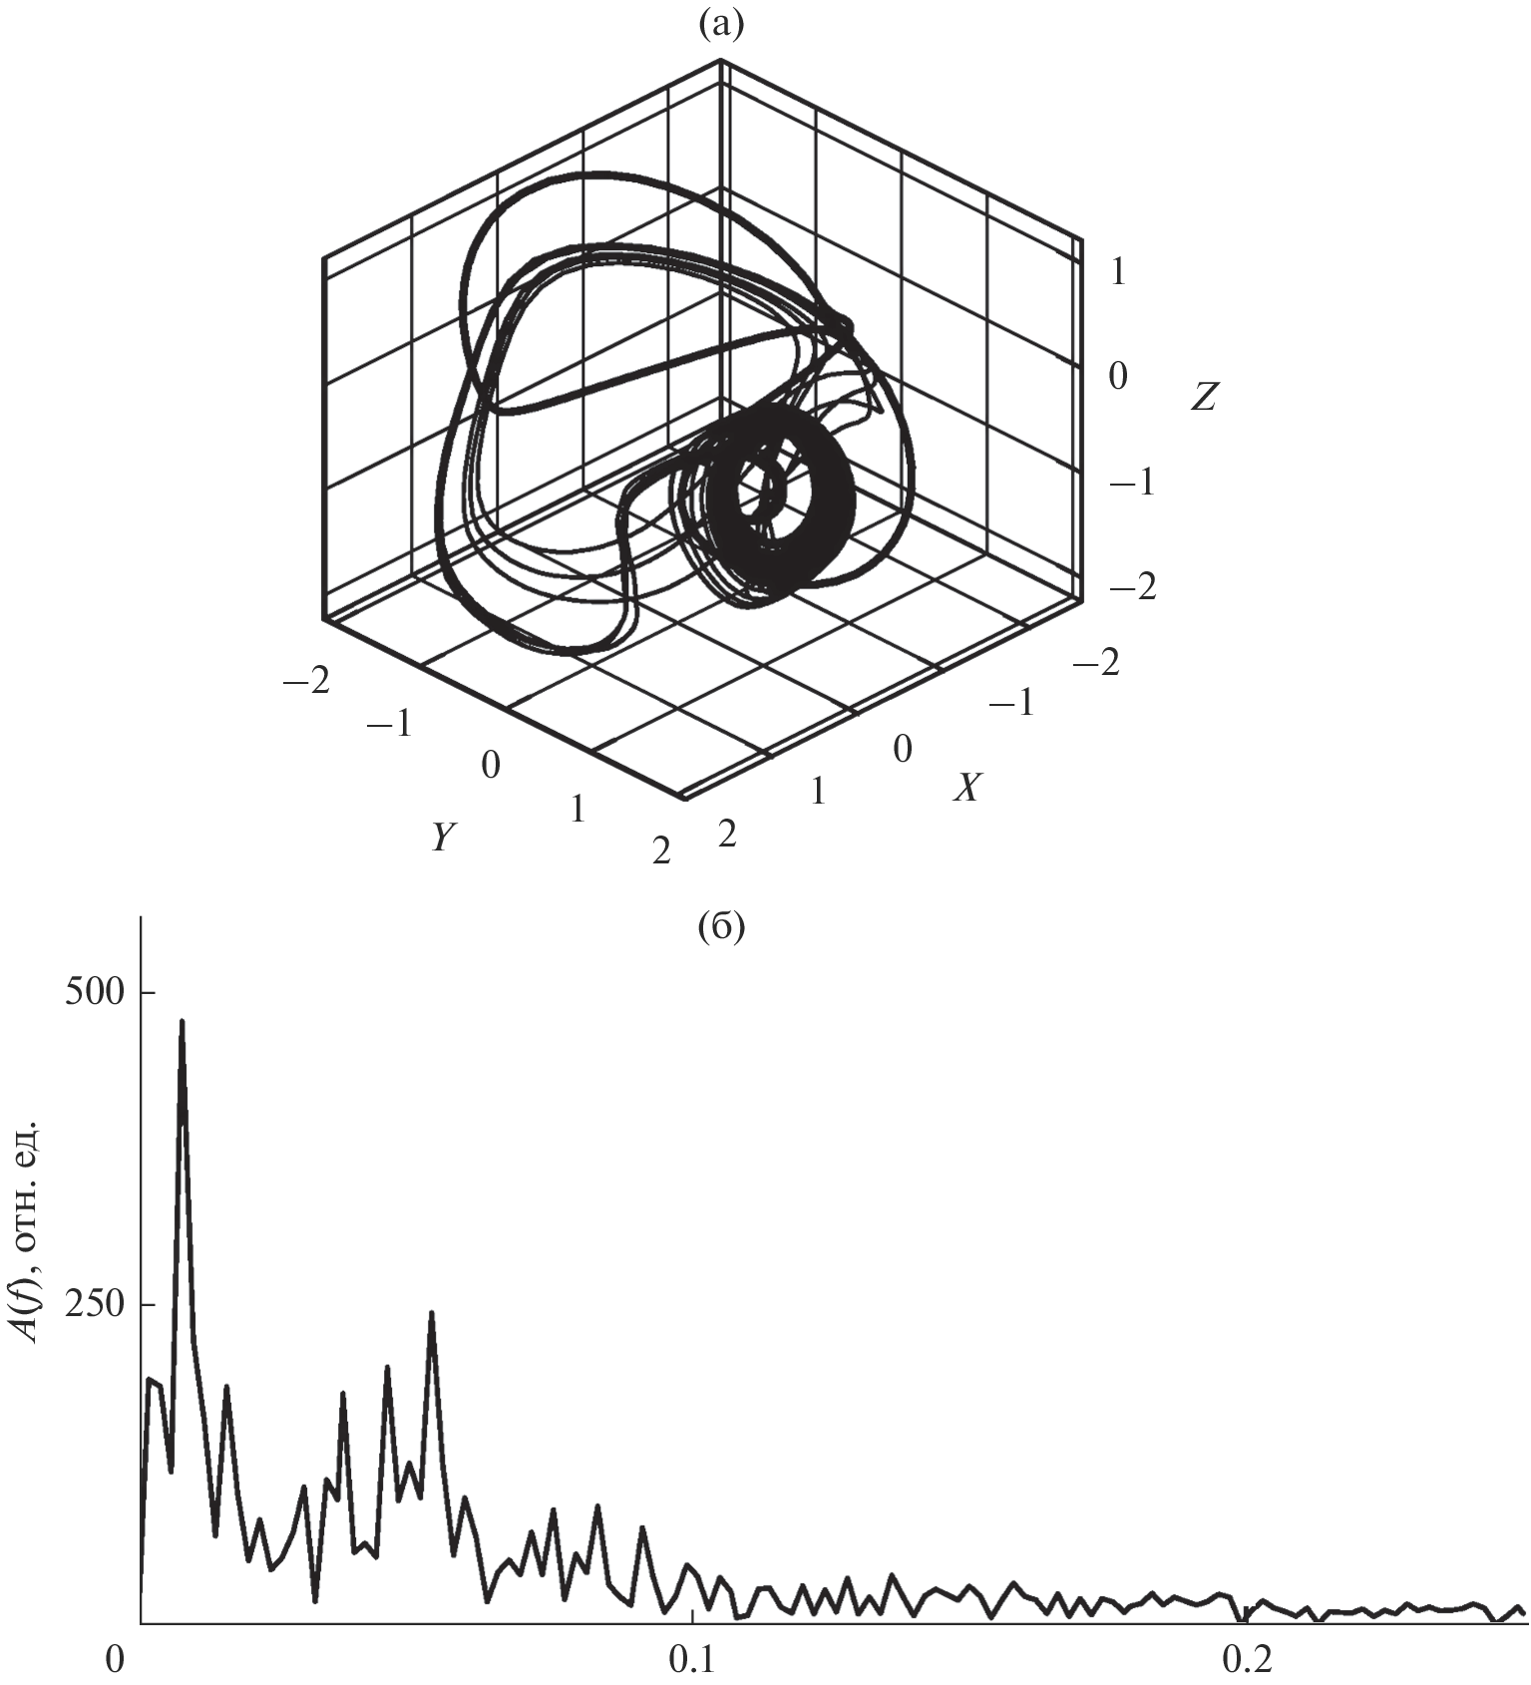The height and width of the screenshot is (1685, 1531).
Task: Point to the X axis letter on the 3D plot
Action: click(966, 789)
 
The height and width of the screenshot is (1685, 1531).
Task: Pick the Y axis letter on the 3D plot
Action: click(444, 838)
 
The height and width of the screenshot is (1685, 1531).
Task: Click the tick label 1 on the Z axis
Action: click(1117, 271)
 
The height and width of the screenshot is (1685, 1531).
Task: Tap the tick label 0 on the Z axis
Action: click(1117, 377)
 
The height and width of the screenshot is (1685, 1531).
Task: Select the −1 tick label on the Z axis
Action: click(1131, 483)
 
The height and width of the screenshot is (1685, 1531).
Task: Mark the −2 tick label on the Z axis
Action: click(1133, 587)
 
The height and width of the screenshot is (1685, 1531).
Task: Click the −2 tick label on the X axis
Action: click(1095, 661)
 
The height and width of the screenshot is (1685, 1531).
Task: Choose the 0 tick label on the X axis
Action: click(903, 749)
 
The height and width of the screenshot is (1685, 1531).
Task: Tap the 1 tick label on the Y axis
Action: click(577, 809)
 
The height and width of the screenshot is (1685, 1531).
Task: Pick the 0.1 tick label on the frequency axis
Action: click(690, 1660)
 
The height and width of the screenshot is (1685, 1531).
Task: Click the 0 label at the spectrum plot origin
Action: click(117, 1660)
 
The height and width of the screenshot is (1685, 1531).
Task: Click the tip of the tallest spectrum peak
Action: click(182, 1020)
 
